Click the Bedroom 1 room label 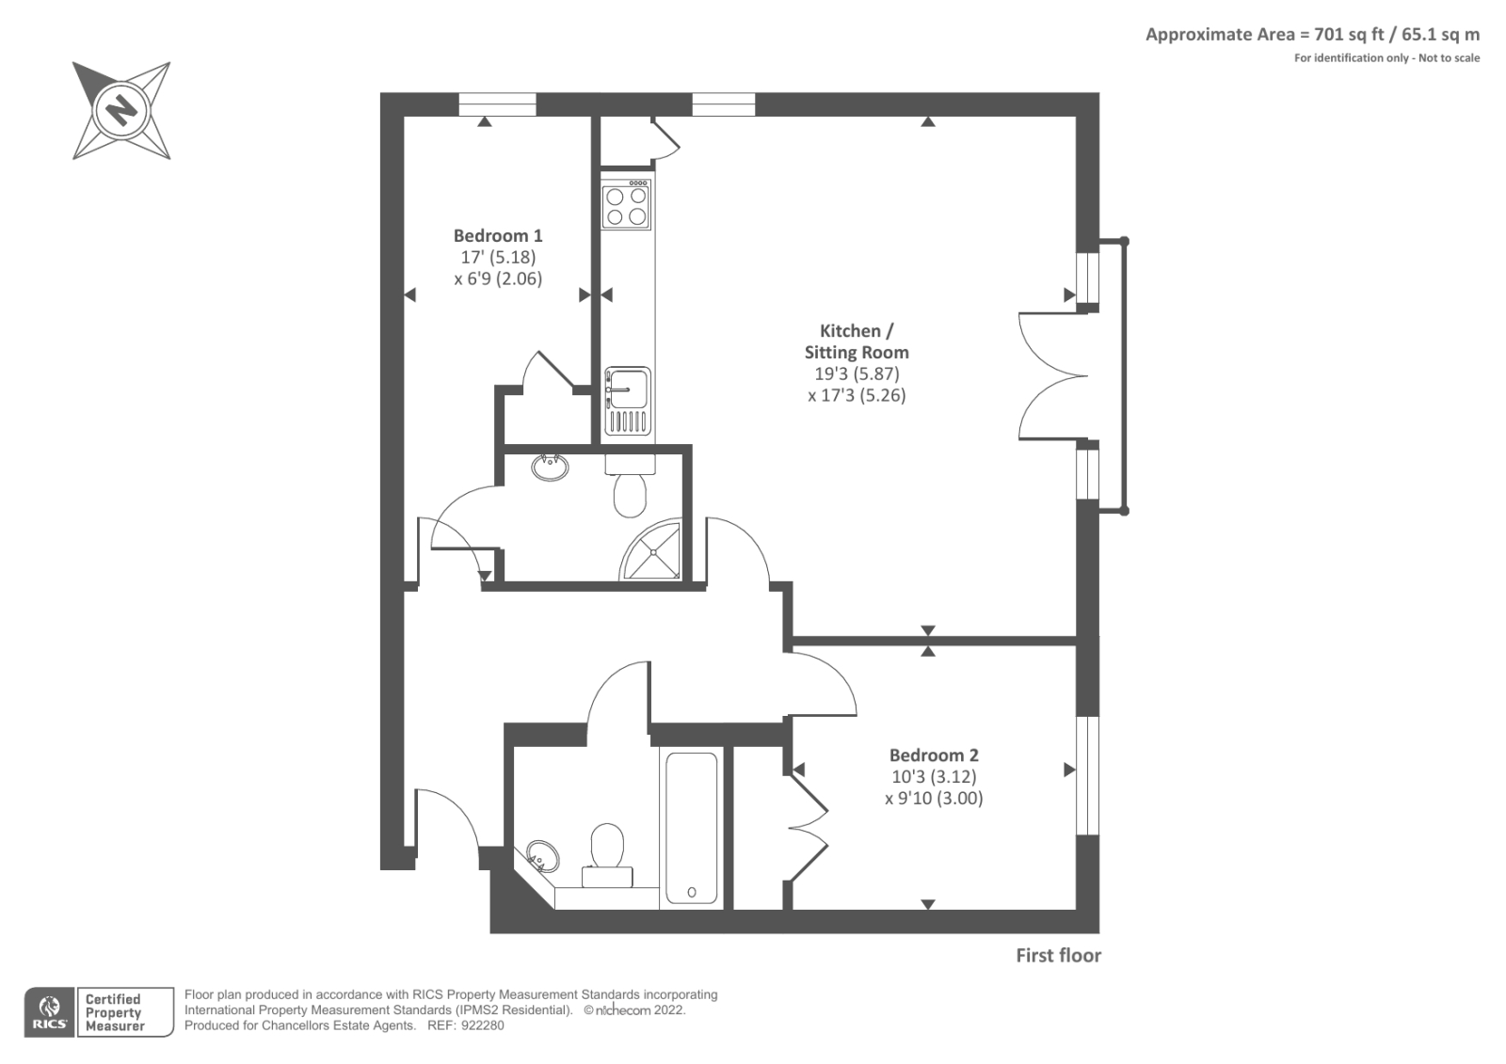[497, 236]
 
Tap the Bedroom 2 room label [934, 755]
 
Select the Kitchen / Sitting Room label [856, 341]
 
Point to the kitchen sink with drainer [627, 401]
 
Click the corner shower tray [652, 551]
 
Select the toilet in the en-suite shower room [630, 490]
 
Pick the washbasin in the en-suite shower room [551, 467]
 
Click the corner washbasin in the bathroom [542, 856]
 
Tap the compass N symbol [120, 110]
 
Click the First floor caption [1058, 956]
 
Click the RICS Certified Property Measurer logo [99, 1012]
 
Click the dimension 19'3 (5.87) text [856, 373]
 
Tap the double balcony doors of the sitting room [1052, 376]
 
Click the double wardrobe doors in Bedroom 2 [808, 828]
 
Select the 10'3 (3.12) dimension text [934, 777]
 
